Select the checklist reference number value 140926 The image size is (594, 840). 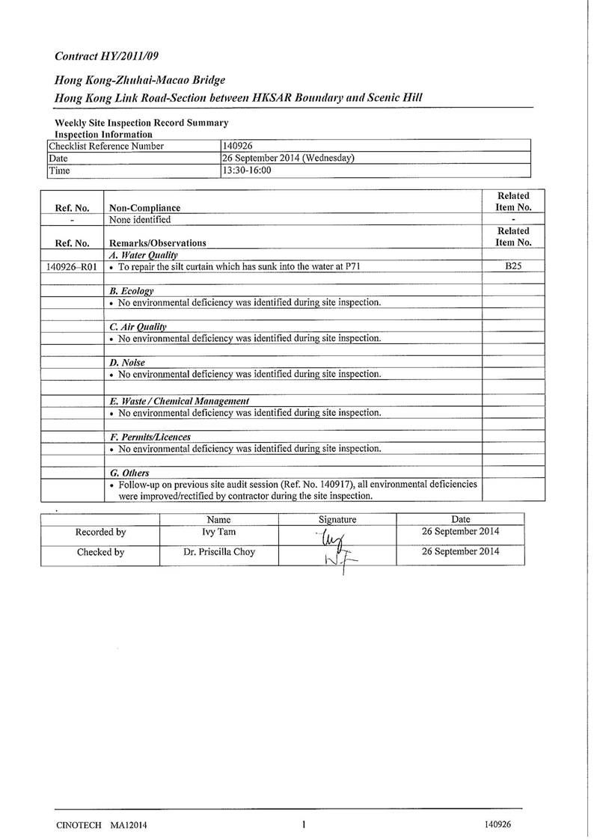[239, 146]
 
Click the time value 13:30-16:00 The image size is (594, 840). [246, 171]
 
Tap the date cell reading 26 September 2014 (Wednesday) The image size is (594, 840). [287, 158]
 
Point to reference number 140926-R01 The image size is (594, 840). [72, 266]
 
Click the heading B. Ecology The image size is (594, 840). [132, 290]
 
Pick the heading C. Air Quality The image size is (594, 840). [138, 326]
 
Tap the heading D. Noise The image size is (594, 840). [127, 362]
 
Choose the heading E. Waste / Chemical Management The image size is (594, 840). [179, 401]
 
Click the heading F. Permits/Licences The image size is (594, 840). [150, 437]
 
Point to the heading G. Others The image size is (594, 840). [129, 473]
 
